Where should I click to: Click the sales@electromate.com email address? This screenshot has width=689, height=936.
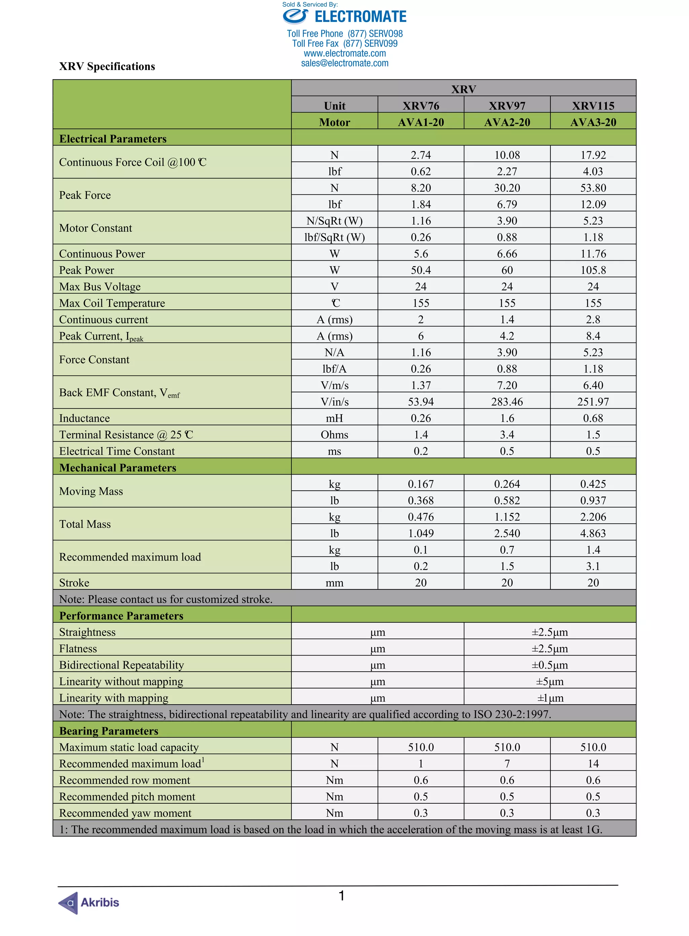point(344,63)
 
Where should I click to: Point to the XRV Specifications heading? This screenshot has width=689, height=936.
point(107,67)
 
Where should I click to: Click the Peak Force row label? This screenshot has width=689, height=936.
point(85,195)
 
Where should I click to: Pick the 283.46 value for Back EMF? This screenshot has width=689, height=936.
point(507,401)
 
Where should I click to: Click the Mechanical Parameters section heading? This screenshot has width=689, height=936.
point(118,467)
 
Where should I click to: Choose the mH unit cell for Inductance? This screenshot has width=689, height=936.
point(334,418)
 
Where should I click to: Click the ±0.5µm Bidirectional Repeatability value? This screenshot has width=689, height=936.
point(550,665)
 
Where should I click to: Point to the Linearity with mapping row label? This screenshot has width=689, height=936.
point(113,698)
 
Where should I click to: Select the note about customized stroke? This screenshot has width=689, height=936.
point(166,600)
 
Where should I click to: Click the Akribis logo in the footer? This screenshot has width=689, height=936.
point(88,902)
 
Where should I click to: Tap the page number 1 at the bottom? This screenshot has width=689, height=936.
point(341,896)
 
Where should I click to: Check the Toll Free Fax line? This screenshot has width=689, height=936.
point(344,44)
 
